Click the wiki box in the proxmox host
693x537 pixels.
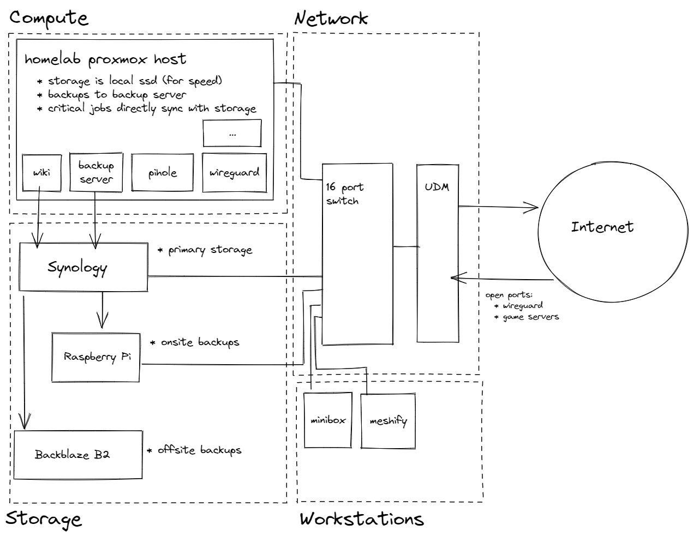pyautogui.click(x=41, y=173)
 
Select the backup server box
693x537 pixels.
pyautogui.click(x=96, y=172)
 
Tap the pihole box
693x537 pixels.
pyautogui.click(x=163, y=173)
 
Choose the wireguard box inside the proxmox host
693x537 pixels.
pyautogui.click(x=234, y=173)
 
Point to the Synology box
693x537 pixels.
pyautogui.click(x=83, y=267)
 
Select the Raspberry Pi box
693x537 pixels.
pyautogui.click(x=96, y=357)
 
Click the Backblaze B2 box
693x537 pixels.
pyautogui.click(x=77, y=455)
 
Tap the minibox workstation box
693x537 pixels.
pyautogui.click(x=328, y=420)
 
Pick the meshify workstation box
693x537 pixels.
pyautogui.click(x=388, y=421)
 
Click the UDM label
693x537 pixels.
pyautogui.click(x=437, y=187)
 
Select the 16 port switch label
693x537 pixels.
pyautogui.click(x=344, y=194)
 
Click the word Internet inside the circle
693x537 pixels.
pyautogui.click(x=602, y=227)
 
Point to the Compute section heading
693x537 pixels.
pyautogui.click(x=49, y=18)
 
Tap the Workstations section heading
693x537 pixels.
pyautogui.click(x=362, y=518)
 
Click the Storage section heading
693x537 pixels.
pyautogui.click(x=44, y=518)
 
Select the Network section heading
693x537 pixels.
pyautogui.click(x=331, y=19)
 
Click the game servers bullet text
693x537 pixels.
pyautogui.click(x=530, y=317)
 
